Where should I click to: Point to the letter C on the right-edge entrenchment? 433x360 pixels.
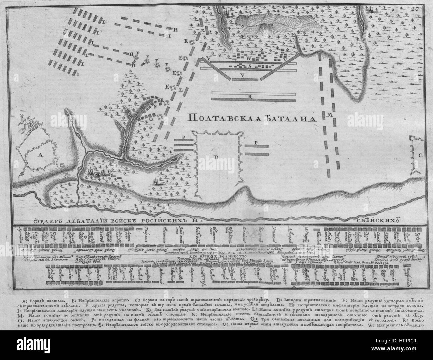420,155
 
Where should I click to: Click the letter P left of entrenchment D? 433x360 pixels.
183,137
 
